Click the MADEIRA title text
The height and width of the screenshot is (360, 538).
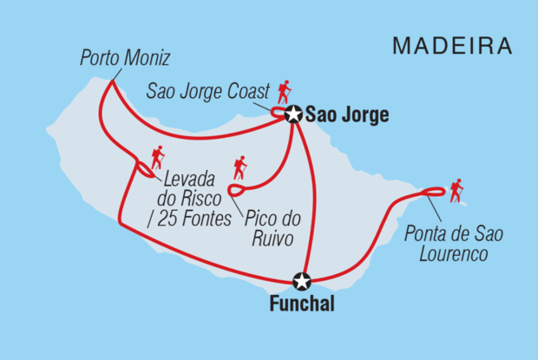coord(452,46)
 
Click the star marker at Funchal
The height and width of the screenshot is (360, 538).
coord(302,281)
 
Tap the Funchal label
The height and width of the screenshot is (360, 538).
coord(300,304)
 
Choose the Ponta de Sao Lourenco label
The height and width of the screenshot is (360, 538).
coord(454,243)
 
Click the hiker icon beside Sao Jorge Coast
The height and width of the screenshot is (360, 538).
coord(284,91)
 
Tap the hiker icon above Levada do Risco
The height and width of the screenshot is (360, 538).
coord(157,157)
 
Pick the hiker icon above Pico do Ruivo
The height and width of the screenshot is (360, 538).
coord(239,167)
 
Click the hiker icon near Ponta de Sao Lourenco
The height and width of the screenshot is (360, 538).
coord(456,190)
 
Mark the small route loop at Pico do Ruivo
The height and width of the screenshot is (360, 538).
coord(234,190)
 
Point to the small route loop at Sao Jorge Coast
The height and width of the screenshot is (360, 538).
coord(278,113)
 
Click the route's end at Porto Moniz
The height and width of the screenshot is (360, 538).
coord(110,81)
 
